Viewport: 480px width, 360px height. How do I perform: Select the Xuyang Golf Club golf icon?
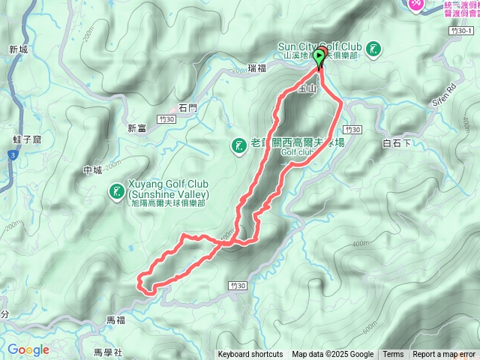coord(117,192)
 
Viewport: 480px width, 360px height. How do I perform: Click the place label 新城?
coord(18,49)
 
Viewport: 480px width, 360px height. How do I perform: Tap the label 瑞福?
coord(256,69)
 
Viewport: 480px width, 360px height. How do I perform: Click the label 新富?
coord(136,127)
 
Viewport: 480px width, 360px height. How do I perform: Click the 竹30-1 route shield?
coord(463,31)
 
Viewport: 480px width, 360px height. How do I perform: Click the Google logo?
coord(28,350)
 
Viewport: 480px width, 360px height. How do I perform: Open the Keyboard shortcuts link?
coord(250,355)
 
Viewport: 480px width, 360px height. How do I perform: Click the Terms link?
coord(393,355)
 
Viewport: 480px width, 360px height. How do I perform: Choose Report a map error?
coord(444,355)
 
